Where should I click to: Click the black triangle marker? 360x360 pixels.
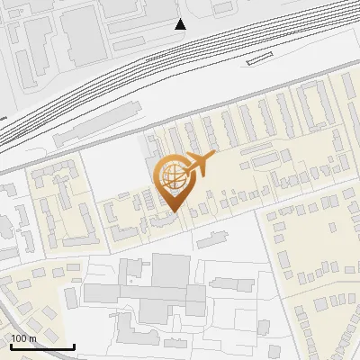click(x=180, y=24)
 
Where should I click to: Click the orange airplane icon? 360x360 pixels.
click(x=200, y=164)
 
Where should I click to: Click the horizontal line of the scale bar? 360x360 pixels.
click(x=42, y=346)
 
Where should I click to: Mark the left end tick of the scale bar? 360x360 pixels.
click(x=10, y=345)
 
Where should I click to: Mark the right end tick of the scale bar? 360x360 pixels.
click(x=75, y=345)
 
